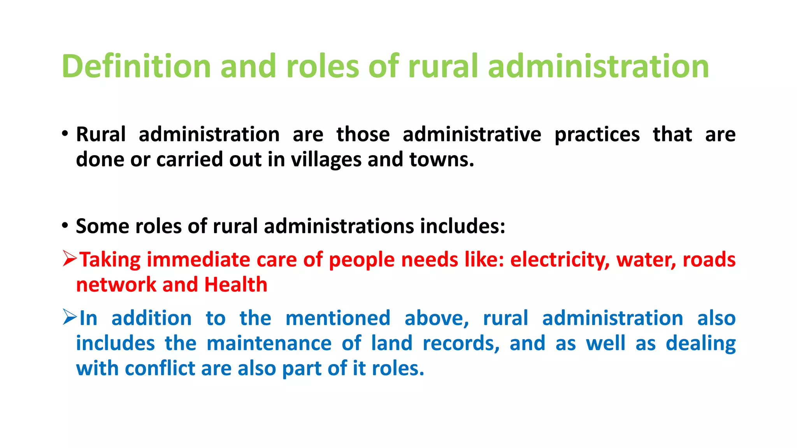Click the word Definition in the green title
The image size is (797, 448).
click(x=136, y=66)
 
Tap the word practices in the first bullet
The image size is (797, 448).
click(x=597, y=135)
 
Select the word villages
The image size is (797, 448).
click(x=326, y=160)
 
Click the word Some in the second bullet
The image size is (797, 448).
click(x=102, y=226)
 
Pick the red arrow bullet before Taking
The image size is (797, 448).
click(x=70, y=259)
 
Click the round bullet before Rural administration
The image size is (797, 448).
click(x=65, y=134)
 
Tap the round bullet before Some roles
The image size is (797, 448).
click(x=65, y=226)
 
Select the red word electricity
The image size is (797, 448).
click(x=560, y=260)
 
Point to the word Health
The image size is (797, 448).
click(x=236, y=285)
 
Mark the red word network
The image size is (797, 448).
click(x=116, y=285)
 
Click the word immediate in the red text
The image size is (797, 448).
click(x=198, y=260)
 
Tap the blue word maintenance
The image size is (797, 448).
click(x=269, y=343)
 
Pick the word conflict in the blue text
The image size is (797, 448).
click(x=160, y=368)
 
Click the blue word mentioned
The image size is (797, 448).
click(x=338, y=318)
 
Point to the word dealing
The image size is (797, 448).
click(x=700, y=343)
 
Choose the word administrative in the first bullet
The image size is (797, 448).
click(x=472, y=135)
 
